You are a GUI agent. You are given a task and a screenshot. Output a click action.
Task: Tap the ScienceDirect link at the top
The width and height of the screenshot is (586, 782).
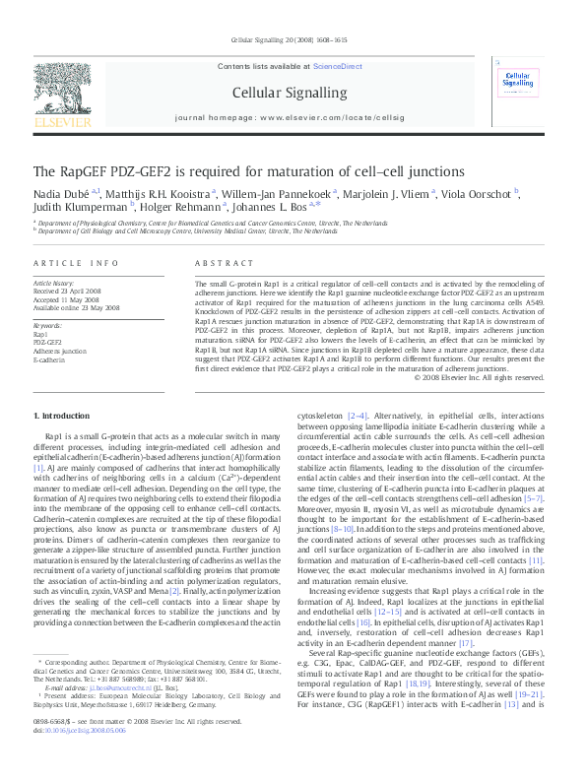(x=337, y=66)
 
